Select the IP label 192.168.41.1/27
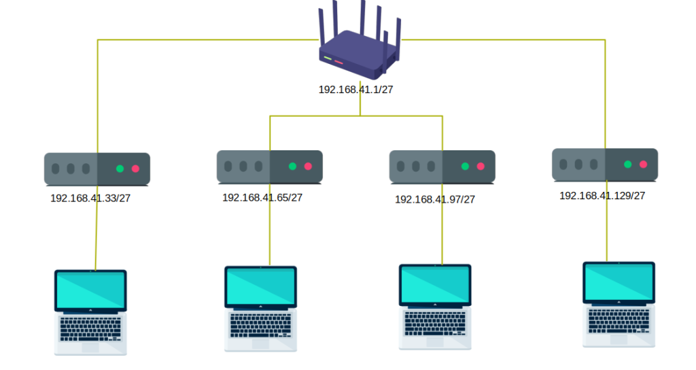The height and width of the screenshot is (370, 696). pyautogui.click(x=355, y=89)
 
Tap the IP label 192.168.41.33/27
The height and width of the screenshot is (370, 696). pyautogui.click(x=91, y=199)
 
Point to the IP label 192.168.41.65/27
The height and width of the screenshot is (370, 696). pyautogui.click(x=262, y=197)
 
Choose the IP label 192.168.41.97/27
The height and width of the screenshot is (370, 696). pyautogui.click(x=435, y=199)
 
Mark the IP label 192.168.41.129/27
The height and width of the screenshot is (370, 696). pyautogui.click(x=602, y=195)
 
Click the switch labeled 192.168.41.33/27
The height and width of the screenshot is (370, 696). pyautogui.click(x=97, y=169)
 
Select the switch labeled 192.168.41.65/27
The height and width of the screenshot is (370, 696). pyautogui.click(x=270, y=167)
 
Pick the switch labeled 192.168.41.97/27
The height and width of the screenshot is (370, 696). pyautogui.click(x=442, y=167)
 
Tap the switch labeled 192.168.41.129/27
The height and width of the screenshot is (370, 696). pyautogui.click(x=605, y=165)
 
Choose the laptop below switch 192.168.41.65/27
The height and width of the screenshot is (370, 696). pyautogui.click(x=260, y=308)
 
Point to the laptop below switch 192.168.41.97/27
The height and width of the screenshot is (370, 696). pyautogui.click(x=435, y=307)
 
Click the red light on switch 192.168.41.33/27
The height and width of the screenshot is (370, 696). pyautogui.click(x=135, y=169)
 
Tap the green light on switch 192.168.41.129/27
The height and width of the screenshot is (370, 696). pyautogui.click(x=628, y=165)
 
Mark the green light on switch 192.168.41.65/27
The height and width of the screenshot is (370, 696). pyautogui.click(x=293, y=167)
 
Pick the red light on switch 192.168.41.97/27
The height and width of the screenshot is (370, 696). pyautogui.click(x=481, y=167)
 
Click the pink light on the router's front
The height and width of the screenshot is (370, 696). pyautogui.click(x=338, y=62)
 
